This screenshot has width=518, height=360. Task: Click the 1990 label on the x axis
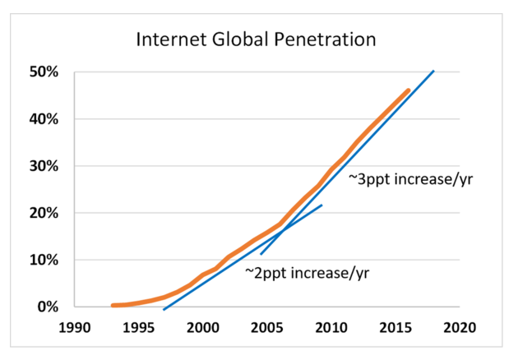[x=75, y=327]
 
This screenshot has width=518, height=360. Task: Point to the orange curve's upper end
[x=408, y=91]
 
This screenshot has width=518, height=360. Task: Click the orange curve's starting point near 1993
[x=113, y=306]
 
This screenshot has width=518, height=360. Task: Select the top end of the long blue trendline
[x=433, y=72]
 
